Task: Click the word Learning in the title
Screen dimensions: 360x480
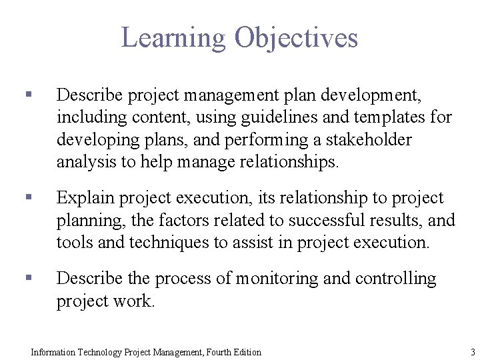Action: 174,38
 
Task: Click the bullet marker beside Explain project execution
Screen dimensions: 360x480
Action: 27,198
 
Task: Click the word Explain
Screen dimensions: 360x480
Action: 83,198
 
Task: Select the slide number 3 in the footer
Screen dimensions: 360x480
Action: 472,352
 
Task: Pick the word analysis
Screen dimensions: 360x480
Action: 84,162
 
